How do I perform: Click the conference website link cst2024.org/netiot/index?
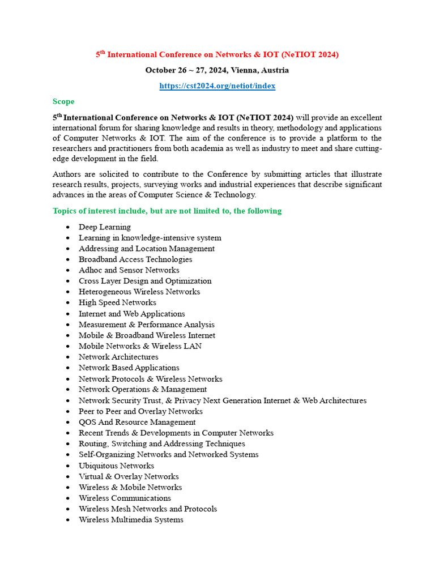217,86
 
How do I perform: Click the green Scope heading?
63,101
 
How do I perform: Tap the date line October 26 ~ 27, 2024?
217,70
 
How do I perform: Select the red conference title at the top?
217,54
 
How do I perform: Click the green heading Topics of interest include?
167,211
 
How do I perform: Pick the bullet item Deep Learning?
105,227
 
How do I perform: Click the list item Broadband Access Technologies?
135,259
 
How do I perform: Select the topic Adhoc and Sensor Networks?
129,270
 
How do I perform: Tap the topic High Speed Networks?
117,302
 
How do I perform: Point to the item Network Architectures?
118,357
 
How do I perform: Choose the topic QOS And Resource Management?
137,422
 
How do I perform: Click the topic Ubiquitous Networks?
116,466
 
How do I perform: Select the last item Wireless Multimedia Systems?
131,520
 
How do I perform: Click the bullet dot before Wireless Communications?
67,498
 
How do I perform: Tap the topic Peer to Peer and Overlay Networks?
140,411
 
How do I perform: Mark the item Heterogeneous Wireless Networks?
139,292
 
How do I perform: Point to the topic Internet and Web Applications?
131,314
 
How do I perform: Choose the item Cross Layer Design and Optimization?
145,281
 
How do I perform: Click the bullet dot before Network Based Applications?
67,368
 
